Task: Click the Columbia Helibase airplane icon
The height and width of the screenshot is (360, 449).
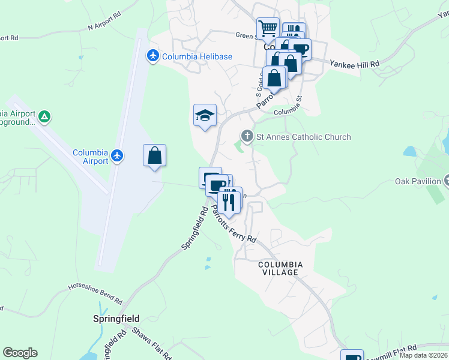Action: (x=152, y=56)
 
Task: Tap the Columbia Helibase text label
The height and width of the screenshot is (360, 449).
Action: (x=196, y=57)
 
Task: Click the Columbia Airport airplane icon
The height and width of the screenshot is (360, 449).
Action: (x=116, y=156)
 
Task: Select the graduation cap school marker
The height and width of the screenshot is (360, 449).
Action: (x=205, y=115)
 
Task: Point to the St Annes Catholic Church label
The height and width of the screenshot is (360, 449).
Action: (x=303, y=137)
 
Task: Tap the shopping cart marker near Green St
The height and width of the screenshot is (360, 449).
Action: (x=268, y=28)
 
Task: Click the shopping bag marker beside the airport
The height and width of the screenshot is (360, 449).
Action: (x=154, y=155)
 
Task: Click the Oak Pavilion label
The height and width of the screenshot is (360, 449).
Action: (x=418, y=181)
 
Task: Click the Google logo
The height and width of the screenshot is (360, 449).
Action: (x=20, y=353)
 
